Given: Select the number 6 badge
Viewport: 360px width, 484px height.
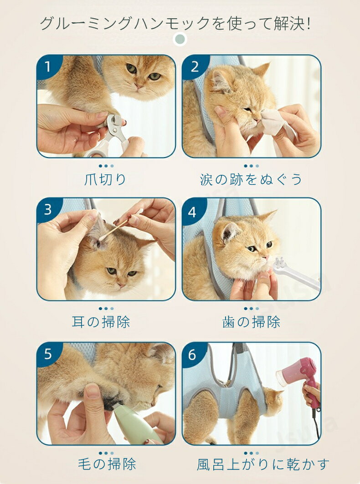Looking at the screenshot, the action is tap(192, 355).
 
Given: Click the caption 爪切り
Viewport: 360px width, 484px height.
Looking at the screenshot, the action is tap(105, 179).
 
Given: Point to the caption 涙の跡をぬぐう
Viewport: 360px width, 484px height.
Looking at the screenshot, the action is tap(251, 179).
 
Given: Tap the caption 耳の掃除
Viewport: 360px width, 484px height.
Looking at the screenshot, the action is tap(101, 322).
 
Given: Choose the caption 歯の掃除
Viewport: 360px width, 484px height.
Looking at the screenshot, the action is tap(251, 322).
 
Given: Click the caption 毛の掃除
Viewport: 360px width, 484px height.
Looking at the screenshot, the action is tap(107, 464).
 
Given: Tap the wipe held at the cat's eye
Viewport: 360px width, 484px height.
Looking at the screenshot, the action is tap(275, 123).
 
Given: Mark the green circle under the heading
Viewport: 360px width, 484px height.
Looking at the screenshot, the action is tap(180, 39).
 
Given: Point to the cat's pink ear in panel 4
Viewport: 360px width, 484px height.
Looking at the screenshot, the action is tap(229, 231).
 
